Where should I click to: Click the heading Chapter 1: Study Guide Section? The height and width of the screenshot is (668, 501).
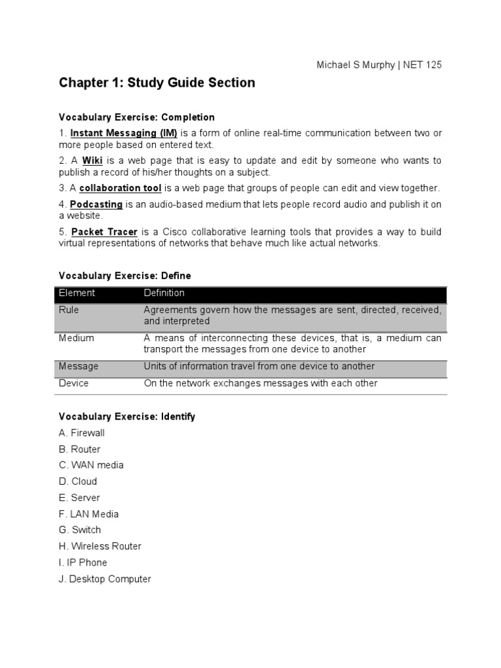[x=157, y=83]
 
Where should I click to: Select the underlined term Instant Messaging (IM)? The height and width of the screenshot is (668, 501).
[x=123, y=133]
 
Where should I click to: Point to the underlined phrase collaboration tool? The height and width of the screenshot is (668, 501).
[x=120, y=188]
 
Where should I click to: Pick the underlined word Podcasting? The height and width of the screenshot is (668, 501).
[x=97, y=204]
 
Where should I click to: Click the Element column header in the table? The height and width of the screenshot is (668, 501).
[x=76, y=293]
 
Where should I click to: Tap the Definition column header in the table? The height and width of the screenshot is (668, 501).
[x=164, y=293]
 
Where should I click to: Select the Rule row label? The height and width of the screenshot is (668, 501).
[x=68, y=310]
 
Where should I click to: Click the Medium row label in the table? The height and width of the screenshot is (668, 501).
[x=76, y=338]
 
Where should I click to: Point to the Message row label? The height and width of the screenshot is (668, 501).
[x=78, y=367]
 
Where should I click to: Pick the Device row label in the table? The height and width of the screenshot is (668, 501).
[x=73, y=384]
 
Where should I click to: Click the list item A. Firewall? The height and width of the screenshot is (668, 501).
[x=82, y=433]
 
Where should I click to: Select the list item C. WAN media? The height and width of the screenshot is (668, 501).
[x=91, y=465]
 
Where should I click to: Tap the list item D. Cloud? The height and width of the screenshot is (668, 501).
[x=78, y=481]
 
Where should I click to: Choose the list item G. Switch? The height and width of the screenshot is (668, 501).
[x=80, y=530]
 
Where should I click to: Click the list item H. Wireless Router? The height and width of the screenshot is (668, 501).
[x=100, y=546]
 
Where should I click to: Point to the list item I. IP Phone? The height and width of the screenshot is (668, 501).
[x=83, y=562]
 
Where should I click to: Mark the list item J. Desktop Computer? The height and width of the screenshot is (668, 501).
[x=104, y=579]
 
